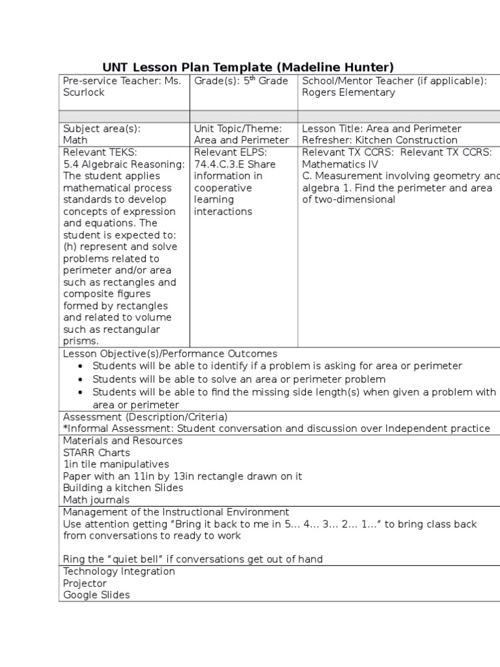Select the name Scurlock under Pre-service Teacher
(83, 92)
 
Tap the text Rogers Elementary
(348, 92)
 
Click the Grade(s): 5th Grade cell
(241, 81)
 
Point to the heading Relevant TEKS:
(100, 152)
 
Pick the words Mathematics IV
(340, 164)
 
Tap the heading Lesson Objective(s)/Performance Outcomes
(170, 354)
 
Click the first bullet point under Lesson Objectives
(80, 366)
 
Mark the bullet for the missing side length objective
(80, 392)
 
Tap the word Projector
(85, 584)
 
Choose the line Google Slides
(96, 595)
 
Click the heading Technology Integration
(119, 571)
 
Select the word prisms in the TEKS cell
(80, 341)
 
